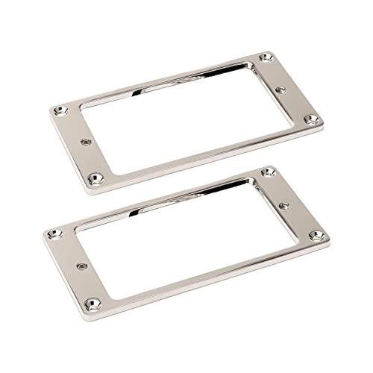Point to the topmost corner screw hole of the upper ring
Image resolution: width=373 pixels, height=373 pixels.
[266, 57]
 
